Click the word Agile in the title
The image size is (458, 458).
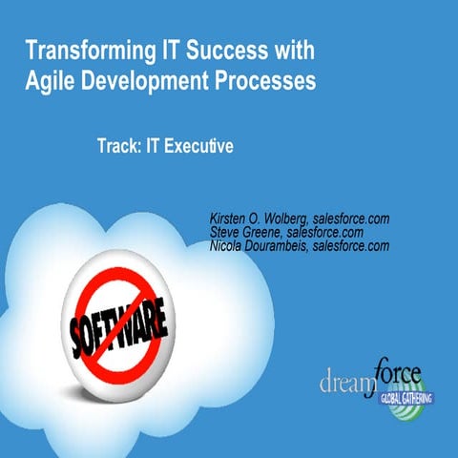50,82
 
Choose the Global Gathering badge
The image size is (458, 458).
397,397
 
